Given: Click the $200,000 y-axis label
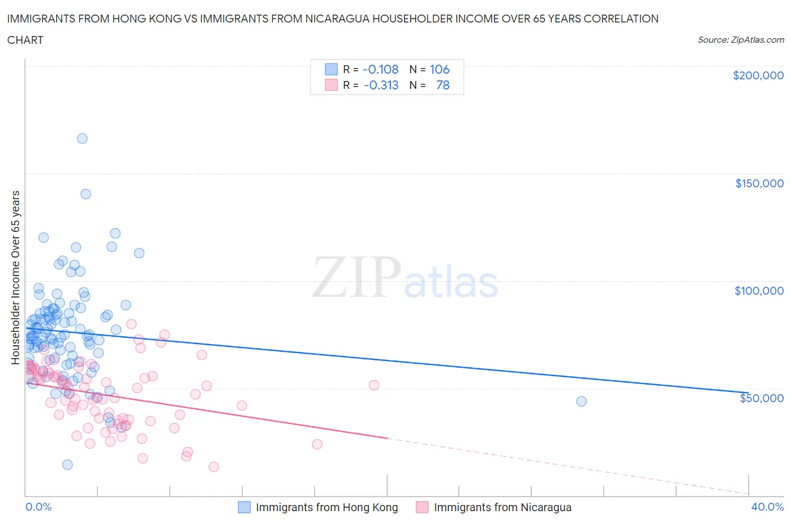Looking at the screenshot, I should click(x=758, y=75).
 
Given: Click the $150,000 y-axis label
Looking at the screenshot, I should click(x=759, y=183).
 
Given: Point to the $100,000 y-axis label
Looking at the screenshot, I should click(x=759, y=291).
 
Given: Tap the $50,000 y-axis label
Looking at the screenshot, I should click(x=761, y=398).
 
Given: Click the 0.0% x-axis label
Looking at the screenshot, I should click(x=38, y=507).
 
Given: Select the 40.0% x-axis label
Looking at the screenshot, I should click(x=767, y=507).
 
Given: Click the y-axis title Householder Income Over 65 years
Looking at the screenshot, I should click(x=15, y=277).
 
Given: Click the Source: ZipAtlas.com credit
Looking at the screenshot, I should click(x=740, y=40).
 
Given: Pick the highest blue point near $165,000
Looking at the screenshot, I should click(x=82, y=138).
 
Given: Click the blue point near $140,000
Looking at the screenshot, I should click(x=86, y=194).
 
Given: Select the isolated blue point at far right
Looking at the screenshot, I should click(x=581, y=402).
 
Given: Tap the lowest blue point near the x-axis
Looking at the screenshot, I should click(x=68, y=465).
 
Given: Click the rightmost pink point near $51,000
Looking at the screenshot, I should click(x=374, y=385).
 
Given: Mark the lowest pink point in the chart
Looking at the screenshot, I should click(x=214, y=467).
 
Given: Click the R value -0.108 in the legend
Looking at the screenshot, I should click(x=380, y=69).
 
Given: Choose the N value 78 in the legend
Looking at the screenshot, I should click(x=443, y=85).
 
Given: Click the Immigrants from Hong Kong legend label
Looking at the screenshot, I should click(x=326, y=507).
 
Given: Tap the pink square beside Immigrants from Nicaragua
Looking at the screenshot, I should click(x=422, y=507).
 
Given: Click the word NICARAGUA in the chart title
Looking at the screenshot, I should click(x=378, y=19).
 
